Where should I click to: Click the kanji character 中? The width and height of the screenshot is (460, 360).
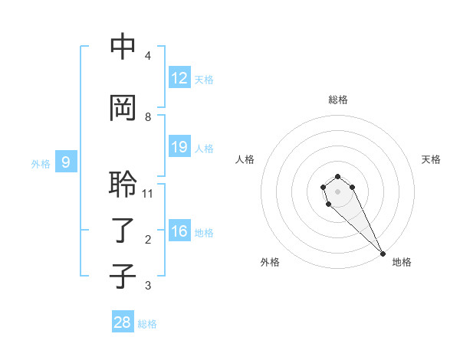(x=123, y=47)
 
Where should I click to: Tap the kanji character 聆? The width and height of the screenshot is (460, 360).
(x=123, y=185)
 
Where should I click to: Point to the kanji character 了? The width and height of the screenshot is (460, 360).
(x=123, y=231)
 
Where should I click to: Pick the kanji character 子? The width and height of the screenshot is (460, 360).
(x=123, y=277)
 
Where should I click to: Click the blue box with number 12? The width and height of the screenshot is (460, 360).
(x=179, y=78)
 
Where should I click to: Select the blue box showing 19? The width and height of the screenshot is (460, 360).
(x=179, y=147)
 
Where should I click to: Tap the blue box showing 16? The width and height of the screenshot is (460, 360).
(x=179, y=231)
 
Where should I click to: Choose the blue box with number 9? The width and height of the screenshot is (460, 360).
(x=66, y=162)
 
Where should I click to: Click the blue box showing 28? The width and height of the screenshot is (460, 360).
(x=123, y=322)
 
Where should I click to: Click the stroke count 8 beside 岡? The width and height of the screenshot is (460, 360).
(x=148, y=117)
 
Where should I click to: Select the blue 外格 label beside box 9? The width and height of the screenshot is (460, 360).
(x=41, y=163)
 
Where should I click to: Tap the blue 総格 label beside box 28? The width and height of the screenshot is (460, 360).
(x=147, y=324)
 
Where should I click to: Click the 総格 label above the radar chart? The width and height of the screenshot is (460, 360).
(x=337, y=100)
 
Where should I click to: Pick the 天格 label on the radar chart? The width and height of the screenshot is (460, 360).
(x=431, y=159)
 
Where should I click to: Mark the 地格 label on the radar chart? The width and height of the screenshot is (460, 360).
(x=402, y=263)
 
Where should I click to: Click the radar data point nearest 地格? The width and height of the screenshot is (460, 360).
(x=383, y=254)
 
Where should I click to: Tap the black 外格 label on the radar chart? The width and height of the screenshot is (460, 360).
(x=270, y=263)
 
